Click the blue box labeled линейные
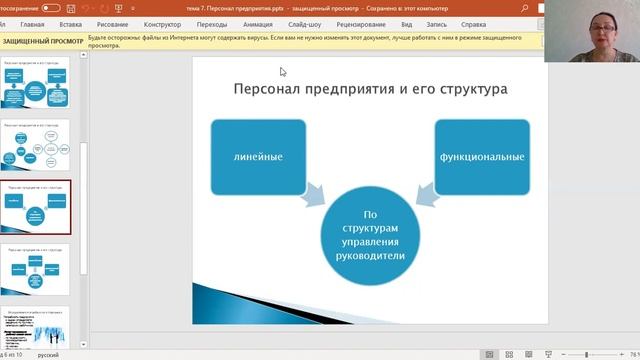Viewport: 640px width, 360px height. [258, 156]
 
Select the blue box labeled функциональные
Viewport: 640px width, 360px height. [482, 156]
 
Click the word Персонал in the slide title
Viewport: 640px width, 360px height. [267, 89]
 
